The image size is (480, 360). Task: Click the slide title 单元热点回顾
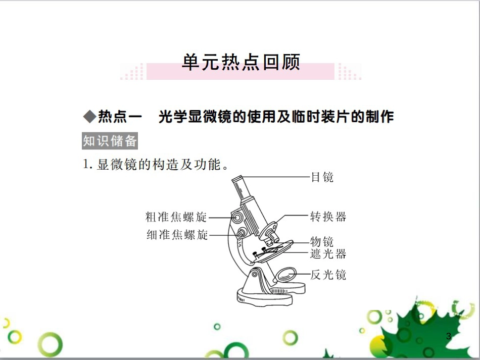click(241, 62)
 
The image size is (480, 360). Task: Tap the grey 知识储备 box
click(110, 141)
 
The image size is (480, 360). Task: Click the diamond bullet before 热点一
click(89, 117)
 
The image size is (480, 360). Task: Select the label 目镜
click(322, 177)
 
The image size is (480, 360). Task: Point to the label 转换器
click(328, 217)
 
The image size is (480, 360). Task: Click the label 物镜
click(322, 241)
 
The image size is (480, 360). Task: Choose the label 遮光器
click(328, 253)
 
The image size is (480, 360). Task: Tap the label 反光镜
click(328, 275)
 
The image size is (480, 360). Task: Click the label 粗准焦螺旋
click(176, 218)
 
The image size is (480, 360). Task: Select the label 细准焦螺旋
click(177, 235)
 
